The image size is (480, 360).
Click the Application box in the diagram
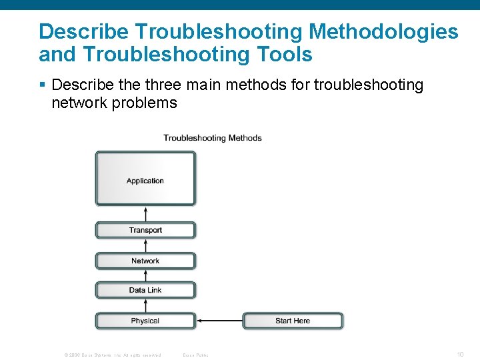tap(145, 178)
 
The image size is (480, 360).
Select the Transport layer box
tap(145, 230)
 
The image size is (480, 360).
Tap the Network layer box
tap(145, 261)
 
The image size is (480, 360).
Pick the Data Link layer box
tap(145, 290)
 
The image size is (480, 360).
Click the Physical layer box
tap(145, 321)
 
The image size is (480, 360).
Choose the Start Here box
tap(293, 321)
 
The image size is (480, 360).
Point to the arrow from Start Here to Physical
tap(219, 321)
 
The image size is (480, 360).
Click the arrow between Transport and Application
tap(145, 213)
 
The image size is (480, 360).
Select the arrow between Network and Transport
tap(145, 245)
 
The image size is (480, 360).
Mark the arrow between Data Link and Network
tap(145, 275)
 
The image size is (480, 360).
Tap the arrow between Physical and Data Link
tap(145, 305)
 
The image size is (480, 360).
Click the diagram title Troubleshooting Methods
tap(213, 138)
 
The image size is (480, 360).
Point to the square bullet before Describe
tap(43, 85)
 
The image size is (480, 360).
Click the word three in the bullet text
tap(173, 85)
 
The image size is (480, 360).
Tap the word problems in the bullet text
tap(144, 103)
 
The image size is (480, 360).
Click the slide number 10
tap(460, 354)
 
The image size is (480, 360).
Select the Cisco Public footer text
tap(196, 355)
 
